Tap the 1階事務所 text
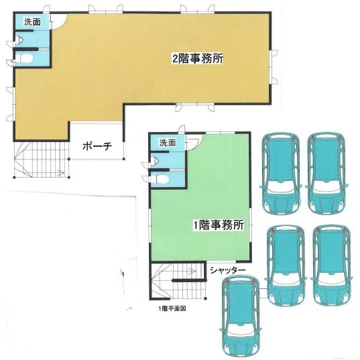point(218,225)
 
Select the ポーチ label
point(97,145)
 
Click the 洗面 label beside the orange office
point(32,23)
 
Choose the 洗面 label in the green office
point(167,143)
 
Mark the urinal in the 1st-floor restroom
point(154,162)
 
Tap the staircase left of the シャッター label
point(173,282)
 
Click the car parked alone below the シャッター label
point(241,313)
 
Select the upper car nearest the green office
point(280,171)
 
